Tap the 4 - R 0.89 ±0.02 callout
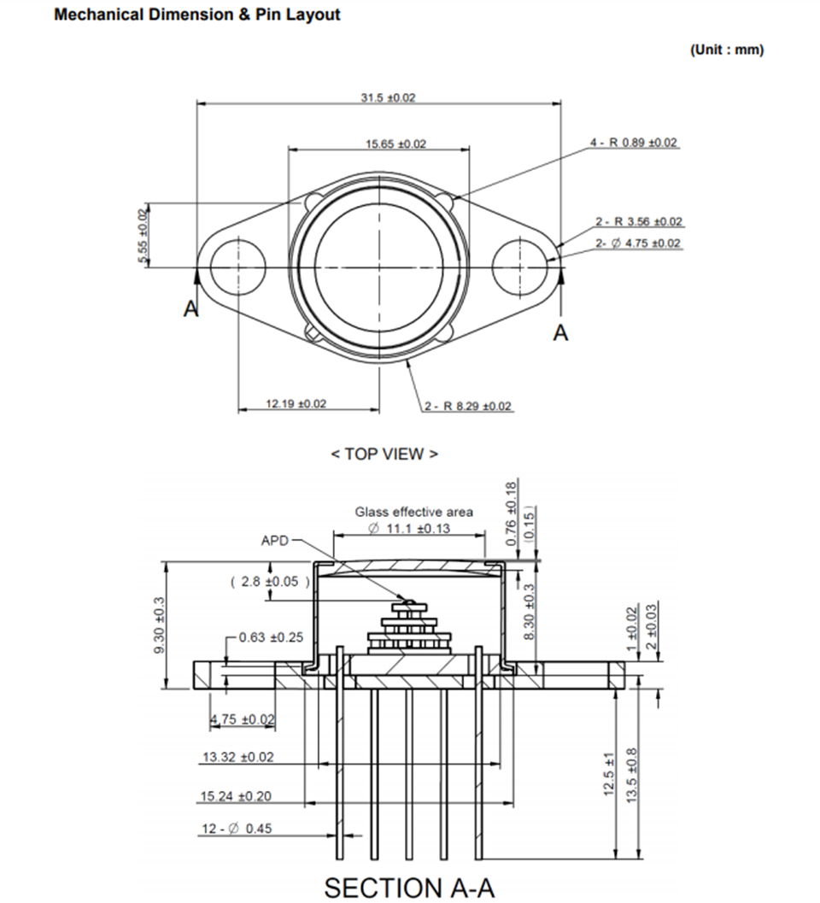635,143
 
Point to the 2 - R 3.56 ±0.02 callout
639,222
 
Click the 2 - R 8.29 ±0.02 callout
469,406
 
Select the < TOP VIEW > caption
384,454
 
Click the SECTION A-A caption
409,887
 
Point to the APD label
275,541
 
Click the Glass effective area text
413,513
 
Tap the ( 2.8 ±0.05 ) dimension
270,582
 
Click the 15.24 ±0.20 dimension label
236,796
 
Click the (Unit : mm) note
727,50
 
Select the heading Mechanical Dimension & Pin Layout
196,15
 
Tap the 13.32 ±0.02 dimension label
237,757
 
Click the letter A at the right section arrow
560,333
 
